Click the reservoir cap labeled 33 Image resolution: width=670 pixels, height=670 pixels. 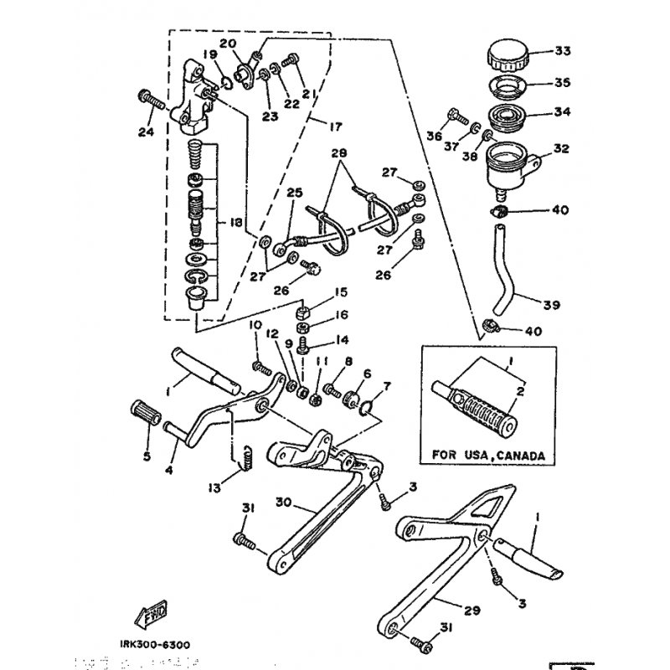coord(508,55)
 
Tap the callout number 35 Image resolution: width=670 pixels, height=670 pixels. coord(561,82)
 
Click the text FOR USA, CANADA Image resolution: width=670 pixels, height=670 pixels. coord(488,455)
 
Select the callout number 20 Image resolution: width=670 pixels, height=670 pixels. coord(228,44)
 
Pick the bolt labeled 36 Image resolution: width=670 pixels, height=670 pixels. coord(459,113)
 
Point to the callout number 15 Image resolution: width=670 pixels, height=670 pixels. coord(342,293)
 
